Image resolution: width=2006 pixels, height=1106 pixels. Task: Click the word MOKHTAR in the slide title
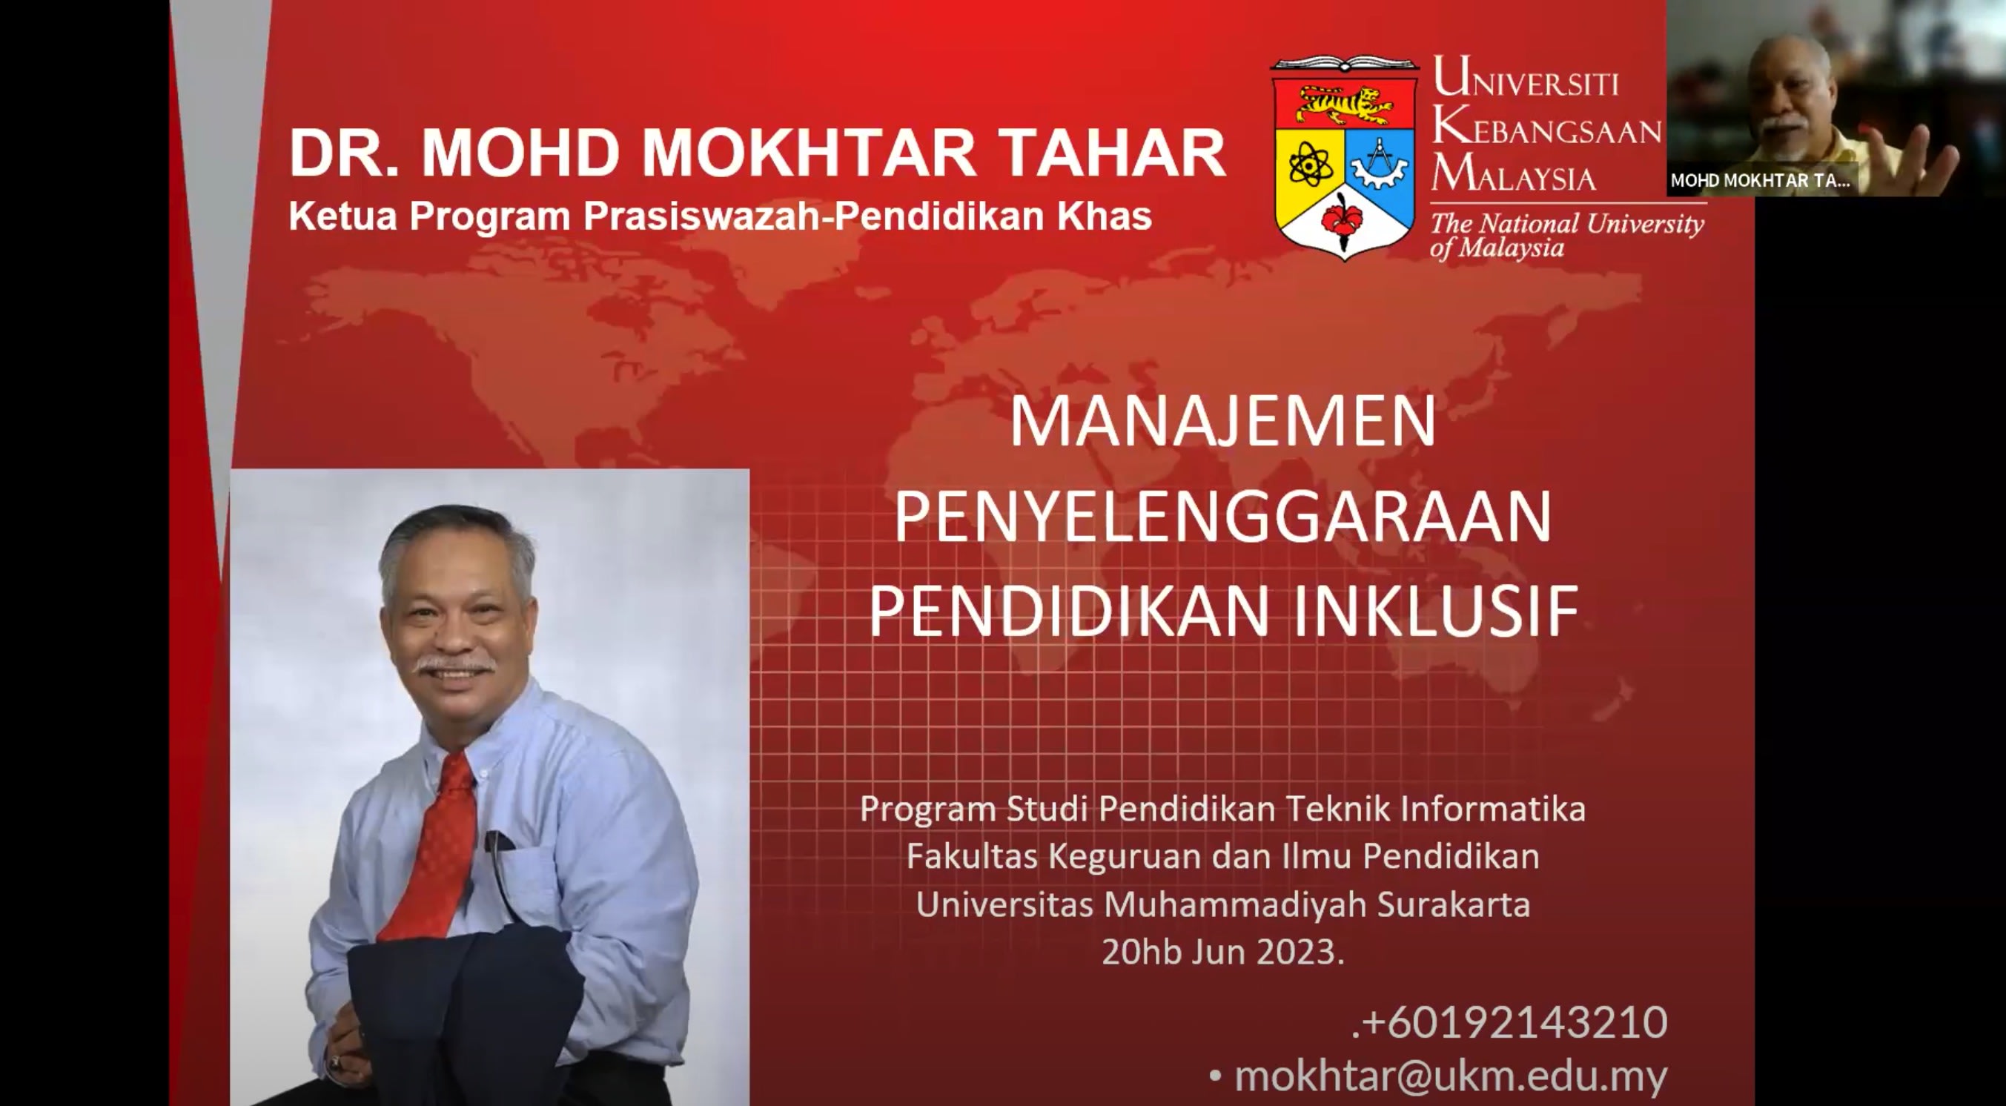[x=808, y=153]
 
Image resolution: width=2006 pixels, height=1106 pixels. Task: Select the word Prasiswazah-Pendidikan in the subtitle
[x=788, y=216]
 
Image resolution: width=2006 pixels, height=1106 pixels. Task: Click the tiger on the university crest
[x=1343, y=105]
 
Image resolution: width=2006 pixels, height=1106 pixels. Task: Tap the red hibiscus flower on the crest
[x=1343, y=217]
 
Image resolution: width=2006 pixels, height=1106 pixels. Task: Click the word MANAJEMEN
[x=1222, y=422]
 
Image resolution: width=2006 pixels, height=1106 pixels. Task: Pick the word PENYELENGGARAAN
[x=1222, y=517]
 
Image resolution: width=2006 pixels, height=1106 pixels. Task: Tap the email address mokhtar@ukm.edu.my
[x=1450, y=1076]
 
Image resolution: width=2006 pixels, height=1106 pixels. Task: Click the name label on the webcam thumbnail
[x=1760, y=181]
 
